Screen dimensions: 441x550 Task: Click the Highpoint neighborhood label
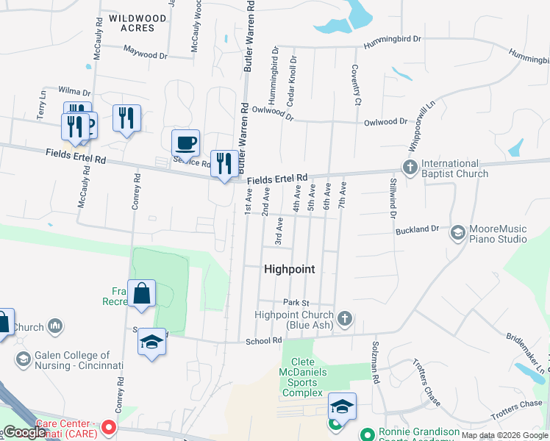pyautogui.click(x=289, y=270)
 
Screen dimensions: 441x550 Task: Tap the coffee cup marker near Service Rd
pyautogui.click(x=185, y=142)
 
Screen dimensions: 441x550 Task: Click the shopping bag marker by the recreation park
pyautogui.click(x=141, y=293)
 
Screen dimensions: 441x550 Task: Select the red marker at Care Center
pyautogui.click(x=110, y=427)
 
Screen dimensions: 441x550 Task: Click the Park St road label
pyautogui.click(x=296, y=303)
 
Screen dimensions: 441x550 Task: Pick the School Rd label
pyautogui.click(x=264, y=341)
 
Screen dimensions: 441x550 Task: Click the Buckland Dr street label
pyautogui.click(x=417, y=230)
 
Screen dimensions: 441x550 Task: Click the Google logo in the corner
pyautogui.click(x=24, y=432)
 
